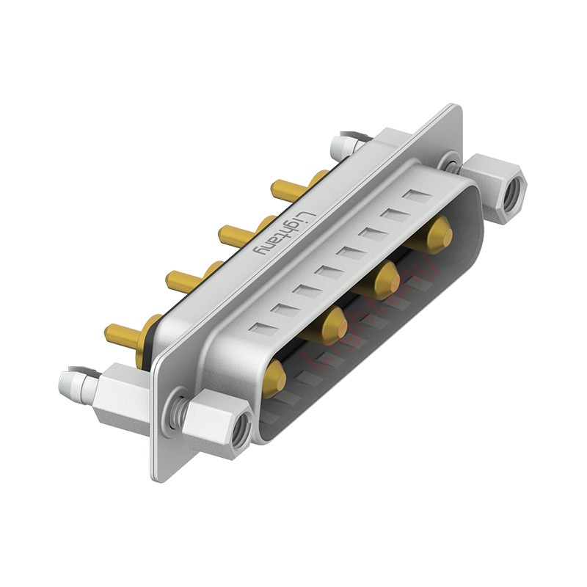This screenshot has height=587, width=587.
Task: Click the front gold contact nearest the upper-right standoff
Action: (439, 234)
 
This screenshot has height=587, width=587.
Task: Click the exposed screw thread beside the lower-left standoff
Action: (176, 411)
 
